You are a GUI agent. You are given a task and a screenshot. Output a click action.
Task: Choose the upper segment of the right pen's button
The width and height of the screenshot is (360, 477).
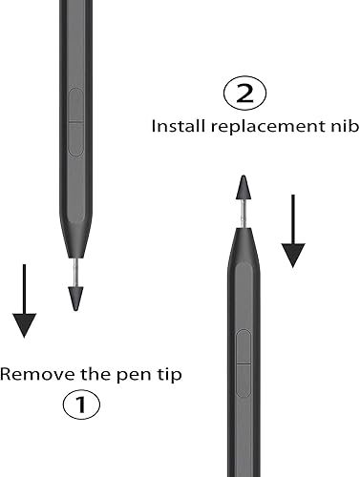[x=243, y=345]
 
